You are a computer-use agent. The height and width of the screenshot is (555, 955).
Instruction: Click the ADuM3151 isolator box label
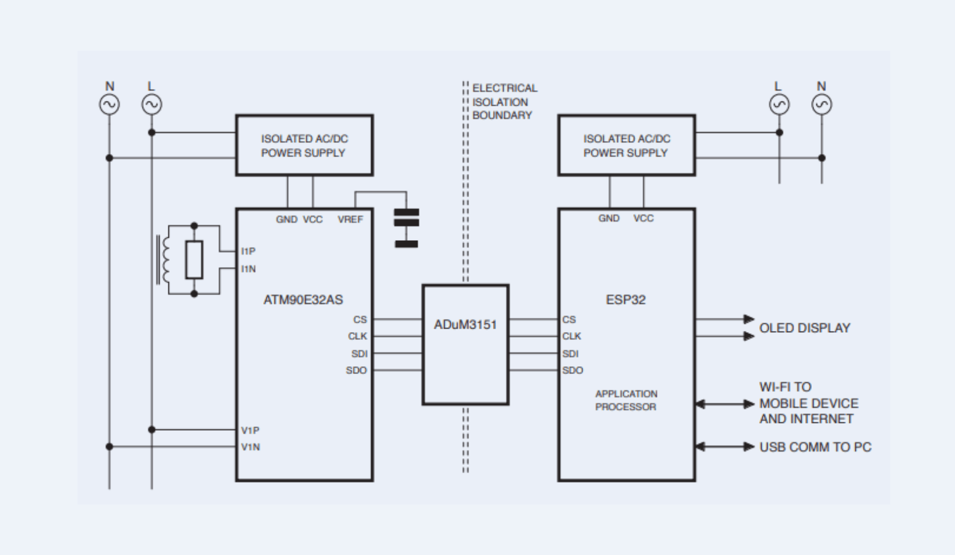(465, 324)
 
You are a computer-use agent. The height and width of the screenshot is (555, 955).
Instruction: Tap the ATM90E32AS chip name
(303, 299)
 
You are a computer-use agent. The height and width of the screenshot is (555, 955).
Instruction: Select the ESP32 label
(626, 299)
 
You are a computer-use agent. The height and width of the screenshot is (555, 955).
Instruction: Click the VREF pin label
(350, 219)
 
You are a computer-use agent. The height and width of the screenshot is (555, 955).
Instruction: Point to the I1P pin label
(248, 251)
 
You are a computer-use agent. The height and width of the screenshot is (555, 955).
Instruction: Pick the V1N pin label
(250, 447)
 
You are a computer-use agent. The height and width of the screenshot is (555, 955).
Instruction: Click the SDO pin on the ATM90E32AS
(356, 370)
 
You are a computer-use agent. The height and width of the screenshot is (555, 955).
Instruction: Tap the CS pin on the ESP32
(569, 320)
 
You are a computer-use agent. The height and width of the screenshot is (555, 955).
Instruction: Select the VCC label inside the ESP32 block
(643, 218)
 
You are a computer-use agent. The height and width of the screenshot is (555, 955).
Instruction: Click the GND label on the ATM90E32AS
(286, 219)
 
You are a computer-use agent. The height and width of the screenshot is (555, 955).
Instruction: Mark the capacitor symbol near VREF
(406, 227)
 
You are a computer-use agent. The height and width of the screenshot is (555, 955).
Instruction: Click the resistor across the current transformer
(194, 259)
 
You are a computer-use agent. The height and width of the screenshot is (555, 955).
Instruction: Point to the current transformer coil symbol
(165, 259)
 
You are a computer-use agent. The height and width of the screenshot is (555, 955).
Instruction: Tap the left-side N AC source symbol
(109, 105)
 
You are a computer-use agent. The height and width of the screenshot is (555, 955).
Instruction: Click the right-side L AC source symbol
(779, 105)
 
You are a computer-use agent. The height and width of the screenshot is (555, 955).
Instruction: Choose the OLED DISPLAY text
(804, 328)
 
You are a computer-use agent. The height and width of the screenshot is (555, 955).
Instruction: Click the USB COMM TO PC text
(815, 447)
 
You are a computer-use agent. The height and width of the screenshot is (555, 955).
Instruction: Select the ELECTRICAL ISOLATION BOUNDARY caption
(504, 102)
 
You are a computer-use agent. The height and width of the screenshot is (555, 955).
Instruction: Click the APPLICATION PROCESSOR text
(626, 400)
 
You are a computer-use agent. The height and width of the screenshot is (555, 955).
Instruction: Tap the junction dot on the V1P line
(152, 430)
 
